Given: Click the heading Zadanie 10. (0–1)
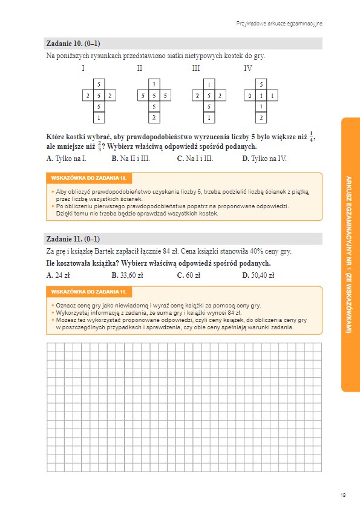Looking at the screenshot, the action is (73, 44).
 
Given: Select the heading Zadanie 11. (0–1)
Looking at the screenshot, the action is (73, 239).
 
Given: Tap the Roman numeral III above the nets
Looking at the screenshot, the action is (196, 68).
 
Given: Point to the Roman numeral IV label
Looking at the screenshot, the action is (247, 68).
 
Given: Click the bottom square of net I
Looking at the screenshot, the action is (99, 117).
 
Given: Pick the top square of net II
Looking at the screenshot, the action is (154, 84).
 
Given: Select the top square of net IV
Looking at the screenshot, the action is (261, 84).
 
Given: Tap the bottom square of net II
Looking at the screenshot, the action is (154, 117).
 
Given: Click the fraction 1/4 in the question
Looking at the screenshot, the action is (311, 137).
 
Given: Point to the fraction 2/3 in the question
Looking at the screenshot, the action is (99, 146).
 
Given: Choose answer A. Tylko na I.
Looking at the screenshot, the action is (66, 159).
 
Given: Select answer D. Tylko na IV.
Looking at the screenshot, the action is (264, 159).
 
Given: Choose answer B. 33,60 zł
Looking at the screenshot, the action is (127, 275).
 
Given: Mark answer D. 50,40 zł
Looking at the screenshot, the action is (258, 275).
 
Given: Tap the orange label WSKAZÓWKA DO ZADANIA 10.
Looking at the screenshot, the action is (89, 178).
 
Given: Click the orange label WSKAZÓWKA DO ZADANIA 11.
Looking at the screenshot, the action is (89, 292).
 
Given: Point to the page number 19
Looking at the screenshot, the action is (343, 495).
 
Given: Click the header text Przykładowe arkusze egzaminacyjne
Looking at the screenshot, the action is (279, 24).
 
